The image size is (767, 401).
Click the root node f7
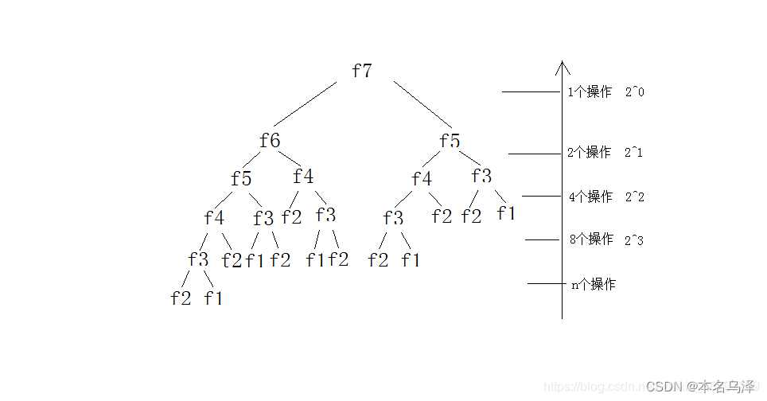click(362, 71)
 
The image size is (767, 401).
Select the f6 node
click(271, 141)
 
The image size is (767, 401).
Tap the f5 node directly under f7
click(450, 141)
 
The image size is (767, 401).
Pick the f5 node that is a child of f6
click(241, 179)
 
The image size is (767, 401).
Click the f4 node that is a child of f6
click(303, 176)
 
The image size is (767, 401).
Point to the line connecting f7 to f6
click(305, 105)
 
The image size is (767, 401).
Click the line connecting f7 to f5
click(422, 103)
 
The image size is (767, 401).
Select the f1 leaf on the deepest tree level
click(213, 298)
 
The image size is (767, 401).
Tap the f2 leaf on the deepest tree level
click(181, 298)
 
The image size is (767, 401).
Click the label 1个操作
click(590, 91)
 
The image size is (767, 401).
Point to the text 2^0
click(634, 91)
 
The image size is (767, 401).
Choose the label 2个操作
click(590, 152)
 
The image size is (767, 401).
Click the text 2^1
click(633, 152)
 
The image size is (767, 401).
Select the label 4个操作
click(590, 197)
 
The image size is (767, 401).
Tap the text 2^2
click(634, 197)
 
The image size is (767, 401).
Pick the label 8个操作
click(591, 239)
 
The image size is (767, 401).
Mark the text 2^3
click(634, 239)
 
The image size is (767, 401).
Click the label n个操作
click(594, 284)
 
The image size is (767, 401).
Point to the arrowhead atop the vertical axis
click(563, 67)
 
